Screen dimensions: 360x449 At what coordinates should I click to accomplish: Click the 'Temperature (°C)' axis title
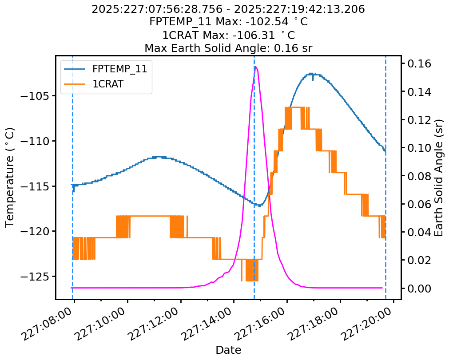coord(10,177)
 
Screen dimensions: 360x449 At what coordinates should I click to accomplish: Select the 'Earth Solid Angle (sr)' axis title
coord(439,177)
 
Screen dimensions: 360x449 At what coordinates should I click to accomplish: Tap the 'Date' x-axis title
coord(228,350)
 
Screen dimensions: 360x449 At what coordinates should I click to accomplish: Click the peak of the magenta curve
coord(256,67)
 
